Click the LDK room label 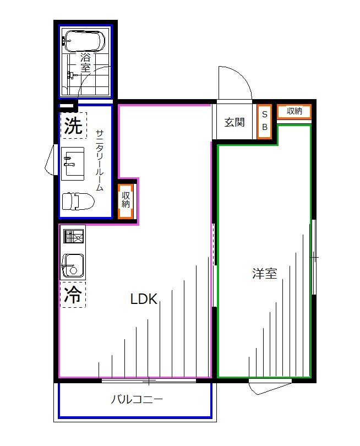(x=144, y=300)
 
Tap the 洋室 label (x=264, y=273)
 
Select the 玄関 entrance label (x=234, y=122)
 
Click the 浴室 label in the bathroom (x=85, y=62)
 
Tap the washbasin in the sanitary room (x=72, y=163)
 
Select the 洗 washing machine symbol (x=73, y=126)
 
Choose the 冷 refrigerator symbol (x=73, y=295)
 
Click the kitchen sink (x=73, y=265)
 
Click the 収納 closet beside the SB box (x=294, y=111)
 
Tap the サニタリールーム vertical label (x=100, y=160)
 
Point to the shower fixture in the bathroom (x=70, y=75)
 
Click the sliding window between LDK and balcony (x=149, y=380)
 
